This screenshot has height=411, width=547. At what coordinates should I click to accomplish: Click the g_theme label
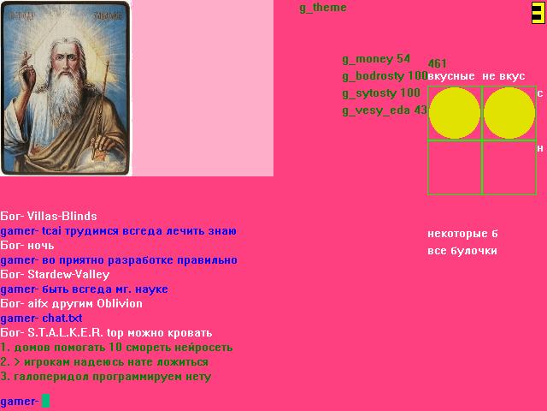coord(323,8)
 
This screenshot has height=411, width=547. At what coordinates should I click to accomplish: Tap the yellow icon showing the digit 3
coord(538,13)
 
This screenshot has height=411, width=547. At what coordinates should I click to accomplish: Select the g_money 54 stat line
coord(376,59)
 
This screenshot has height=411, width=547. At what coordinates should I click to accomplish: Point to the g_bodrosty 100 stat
coord(385,76)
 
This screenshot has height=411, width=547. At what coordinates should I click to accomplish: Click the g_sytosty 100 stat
coord(381,93)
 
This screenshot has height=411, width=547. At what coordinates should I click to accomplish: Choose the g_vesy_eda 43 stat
coord(385,110)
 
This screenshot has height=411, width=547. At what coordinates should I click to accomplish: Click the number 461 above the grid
coord(437,63)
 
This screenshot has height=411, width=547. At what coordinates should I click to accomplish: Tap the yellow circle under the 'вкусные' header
coord(454,113)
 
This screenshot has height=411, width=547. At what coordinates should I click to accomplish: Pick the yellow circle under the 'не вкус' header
coord(509,113)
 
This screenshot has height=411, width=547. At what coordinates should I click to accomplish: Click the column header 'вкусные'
coord(451,76)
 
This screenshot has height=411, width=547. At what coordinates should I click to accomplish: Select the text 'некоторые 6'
coord(462,234)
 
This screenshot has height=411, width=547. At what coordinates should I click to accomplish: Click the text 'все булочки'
coord(462,251)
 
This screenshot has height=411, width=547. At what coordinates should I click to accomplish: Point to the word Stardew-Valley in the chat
coord(68,275)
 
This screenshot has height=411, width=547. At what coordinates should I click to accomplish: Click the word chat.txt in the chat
coord(62,319)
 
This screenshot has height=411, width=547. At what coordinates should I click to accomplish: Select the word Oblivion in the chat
coord(120,303)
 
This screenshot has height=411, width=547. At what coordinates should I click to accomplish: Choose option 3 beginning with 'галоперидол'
coord(106,377)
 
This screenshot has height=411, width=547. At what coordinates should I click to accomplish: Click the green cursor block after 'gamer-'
coord(45,401)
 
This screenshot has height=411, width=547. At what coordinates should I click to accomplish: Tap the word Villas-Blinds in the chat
coord(62,216)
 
